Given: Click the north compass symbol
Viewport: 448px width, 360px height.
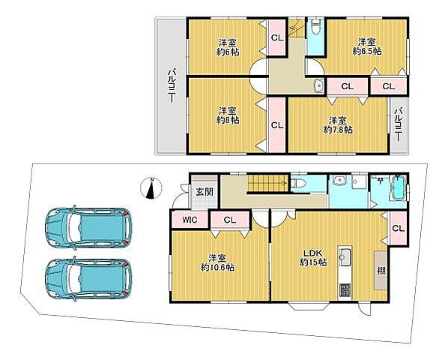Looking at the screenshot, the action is point(151,187).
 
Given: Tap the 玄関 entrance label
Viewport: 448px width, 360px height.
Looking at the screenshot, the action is point(205,192).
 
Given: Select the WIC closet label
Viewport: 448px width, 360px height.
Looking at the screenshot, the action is point(190,220).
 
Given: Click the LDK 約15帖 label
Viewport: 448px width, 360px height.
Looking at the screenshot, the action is point(313,257).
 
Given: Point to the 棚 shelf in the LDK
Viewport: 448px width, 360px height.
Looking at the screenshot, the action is point(381,271).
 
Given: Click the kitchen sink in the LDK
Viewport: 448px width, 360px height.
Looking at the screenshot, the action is point(345,254).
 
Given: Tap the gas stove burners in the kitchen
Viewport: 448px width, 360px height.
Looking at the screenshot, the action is point(345,291).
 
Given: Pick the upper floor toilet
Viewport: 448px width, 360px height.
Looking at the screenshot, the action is point(316,27).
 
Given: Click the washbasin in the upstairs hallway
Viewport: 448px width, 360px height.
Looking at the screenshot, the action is point(318,85).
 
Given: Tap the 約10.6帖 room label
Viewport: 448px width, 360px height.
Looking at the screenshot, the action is point(218,262).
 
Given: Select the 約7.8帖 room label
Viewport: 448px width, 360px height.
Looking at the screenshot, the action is point(338,125).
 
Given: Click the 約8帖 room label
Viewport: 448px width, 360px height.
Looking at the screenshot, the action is point(228,115).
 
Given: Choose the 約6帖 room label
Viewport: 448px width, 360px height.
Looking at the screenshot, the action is point(228,47).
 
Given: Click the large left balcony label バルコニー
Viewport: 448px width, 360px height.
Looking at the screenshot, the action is point(172,85).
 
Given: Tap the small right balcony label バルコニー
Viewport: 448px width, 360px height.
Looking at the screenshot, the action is point(399,124).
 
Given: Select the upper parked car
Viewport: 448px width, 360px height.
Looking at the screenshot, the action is point(88,227).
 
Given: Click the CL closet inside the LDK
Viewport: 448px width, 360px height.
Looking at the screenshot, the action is point(399,228).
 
